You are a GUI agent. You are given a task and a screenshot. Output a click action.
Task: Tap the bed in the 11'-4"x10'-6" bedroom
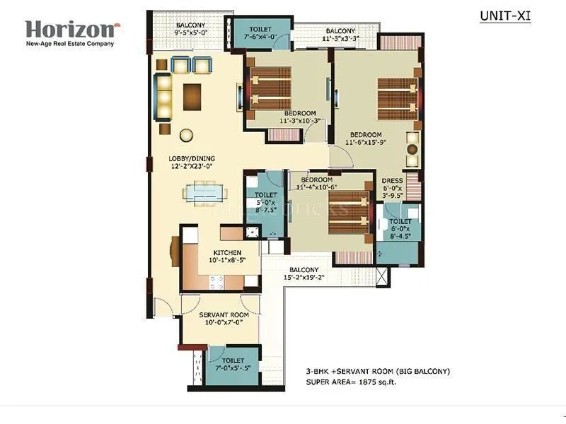pyautogui.click(x=348, y=220)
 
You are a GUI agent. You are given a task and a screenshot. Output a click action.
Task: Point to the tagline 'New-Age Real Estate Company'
pyautogui.click(x=69, y=44)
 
